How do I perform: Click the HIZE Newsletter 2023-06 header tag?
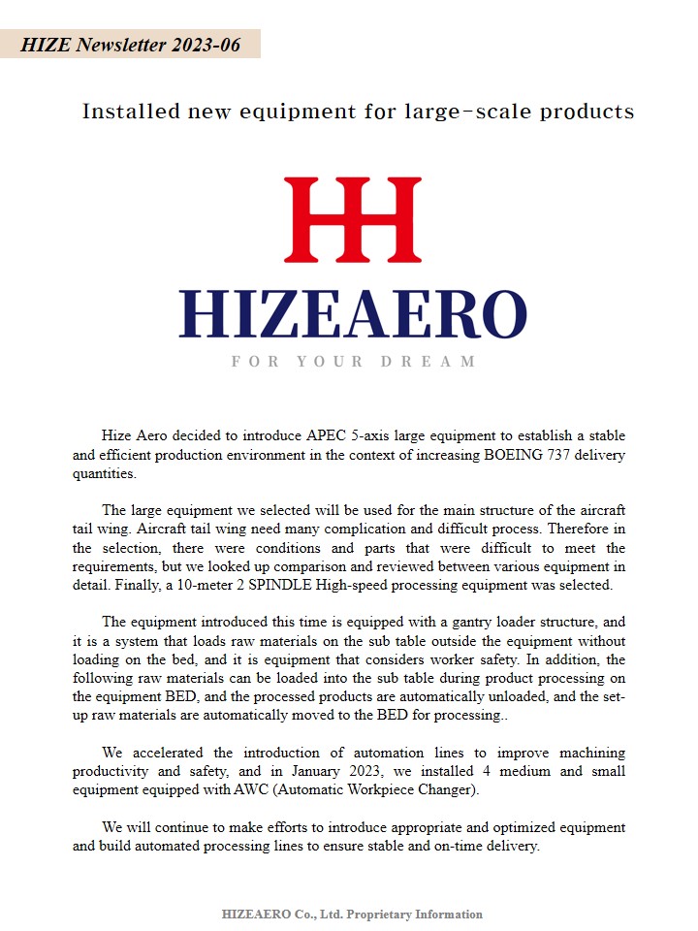click(130, 45)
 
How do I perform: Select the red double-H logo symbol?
click(352, 220)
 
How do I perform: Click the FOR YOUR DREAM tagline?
click(353, 362)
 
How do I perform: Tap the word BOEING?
click(517, 456)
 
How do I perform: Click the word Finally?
click(200, 585)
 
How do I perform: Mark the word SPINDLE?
click(361, 585)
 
